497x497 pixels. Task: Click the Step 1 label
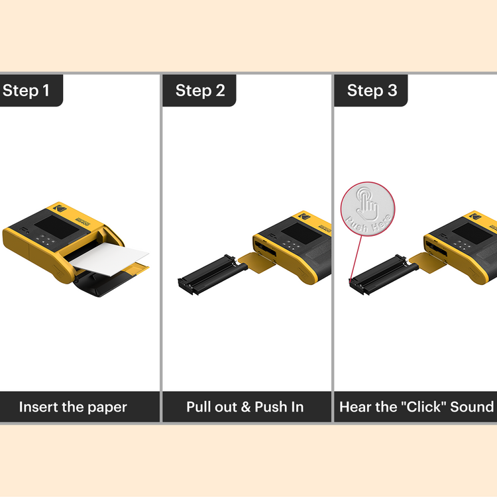click(27, 90)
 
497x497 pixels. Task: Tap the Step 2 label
click(200, 90)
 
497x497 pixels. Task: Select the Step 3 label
click(372, 90)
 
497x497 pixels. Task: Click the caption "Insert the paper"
click(73, 406)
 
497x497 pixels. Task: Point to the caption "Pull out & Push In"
click(245, 406)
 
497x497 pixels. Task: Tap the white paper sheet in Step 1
click(110, 258)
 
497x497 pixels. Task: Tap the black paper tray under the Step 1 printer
click(99, 285)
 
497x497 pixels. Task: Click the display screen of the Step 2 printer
click(295, 232)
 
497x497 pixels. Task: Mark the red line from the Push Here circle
click(355, 255)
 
